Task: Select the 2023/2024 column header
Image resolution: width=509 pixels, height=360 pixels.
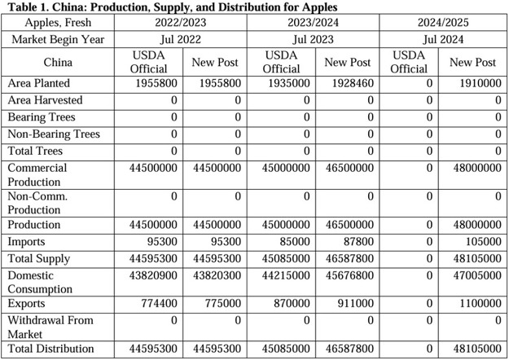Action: pos(313,22)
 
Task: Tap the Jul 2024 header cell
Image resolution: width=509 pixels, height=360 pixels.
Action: pos(445,39)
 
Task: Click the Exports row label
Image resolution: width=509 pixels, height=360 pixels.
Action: pos(28,303)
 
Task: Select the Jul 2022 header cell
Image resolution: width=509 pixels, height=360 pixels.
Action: pos(180,39)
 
